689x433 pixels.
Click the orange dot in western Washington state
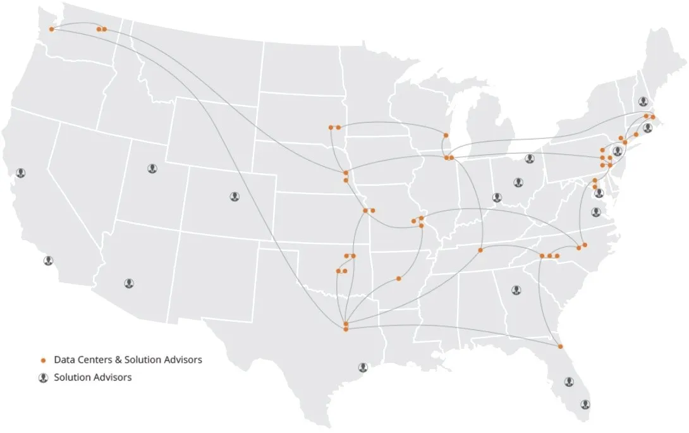pyautogui.click(x=52, y=29)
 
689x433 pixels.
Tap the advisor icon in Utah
pyautogui.click(x=152, y=168)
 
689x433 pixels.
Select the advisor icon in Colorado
pyautogui.click(x=235, y=197)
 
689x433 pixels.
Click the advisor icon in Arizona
pyautogui.click(x=130, y=283)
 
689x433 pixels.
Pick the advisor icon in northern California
pyautogui.click(x=21, y=173)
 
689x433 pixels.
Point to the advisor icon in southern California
pyautogui.click(x=49, y=260)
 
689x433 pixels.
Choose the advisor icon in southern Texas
pyautogui.click(x=363, y=367)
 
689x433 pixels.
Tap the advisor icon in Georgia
pyautogui.click(x=516, y=290)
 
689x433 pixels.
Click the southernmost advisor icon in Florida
pyautogui.click(x=585, y=403)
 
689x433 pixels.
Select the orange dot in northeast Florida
pyautogui.click(x=560, y=346)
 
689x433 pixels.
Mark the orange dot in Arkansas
pyautogui.click(x=399, y=278)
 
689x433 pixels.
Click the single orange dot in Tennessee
pyautogui.click(x=480, y=250)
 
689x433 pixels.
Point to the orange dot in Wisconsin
pyautogui.click(x=446, y=136)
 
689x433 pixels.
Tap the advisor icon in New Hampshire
pyautogui.click(x=643, y=101)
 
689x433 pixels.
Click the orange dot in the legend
pyautogui.click(x=44, y=360)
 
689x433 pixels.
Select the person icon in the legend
pyautogui.click(x=44, y=377)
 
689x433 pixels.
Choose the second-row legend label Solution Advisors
pyautogui.click(x=93, y=377)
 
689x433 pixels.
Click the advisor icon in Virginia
pyautogui.click(x=595, y=212)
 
